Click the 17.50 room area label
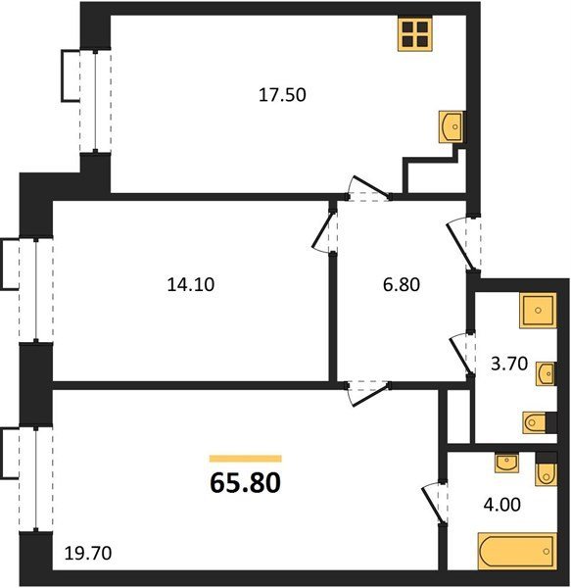[282, 95]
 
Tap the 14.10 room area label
[191, 284]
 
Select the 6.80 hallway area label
[402, 284]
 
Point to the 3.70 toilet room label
[509, 364]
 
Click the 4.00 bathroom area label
[502, 505]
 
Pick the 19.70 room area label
[88, 554]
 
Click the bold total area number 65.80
[246, 482]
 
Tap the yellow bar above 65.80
[246, 459]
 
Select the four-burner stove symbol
[415, 33]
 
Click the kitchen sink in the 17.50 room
[452, 126]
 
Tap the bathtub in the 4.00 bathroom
[517, 552]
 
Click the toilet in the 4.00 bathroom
[547, 474]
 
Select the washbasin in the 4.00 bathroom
[507, 463]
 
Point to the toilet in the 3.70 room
[535, 423]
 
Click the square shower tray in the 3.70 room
[538, 311]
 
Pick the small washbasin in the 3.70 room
[546, 373]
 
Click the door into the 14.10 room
[324, 231]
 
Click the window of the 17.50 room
[95, 101]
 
